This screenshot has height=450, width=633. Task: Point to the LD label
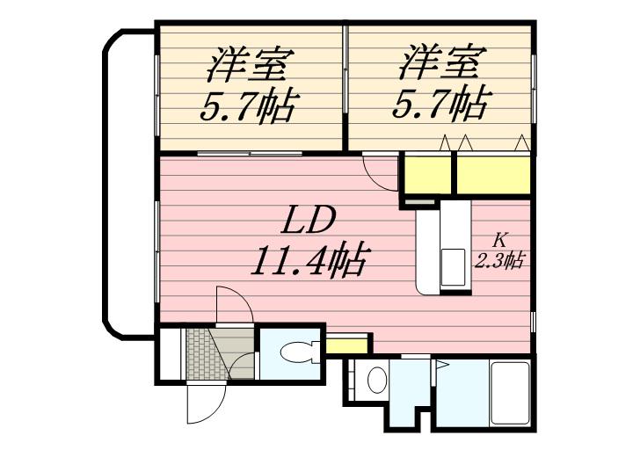(309, 219)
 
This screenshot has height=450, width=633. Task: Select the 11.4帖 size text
(309, 260)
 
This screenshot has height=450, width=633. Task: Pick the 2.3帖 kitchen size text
(500, 259)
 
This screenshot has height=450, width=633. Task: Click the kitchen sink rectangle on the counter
(452, 263)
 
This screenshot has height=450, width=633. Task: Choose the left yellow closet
(426, 174)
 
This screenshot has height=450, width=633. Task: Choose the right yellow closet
(493, 174)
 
